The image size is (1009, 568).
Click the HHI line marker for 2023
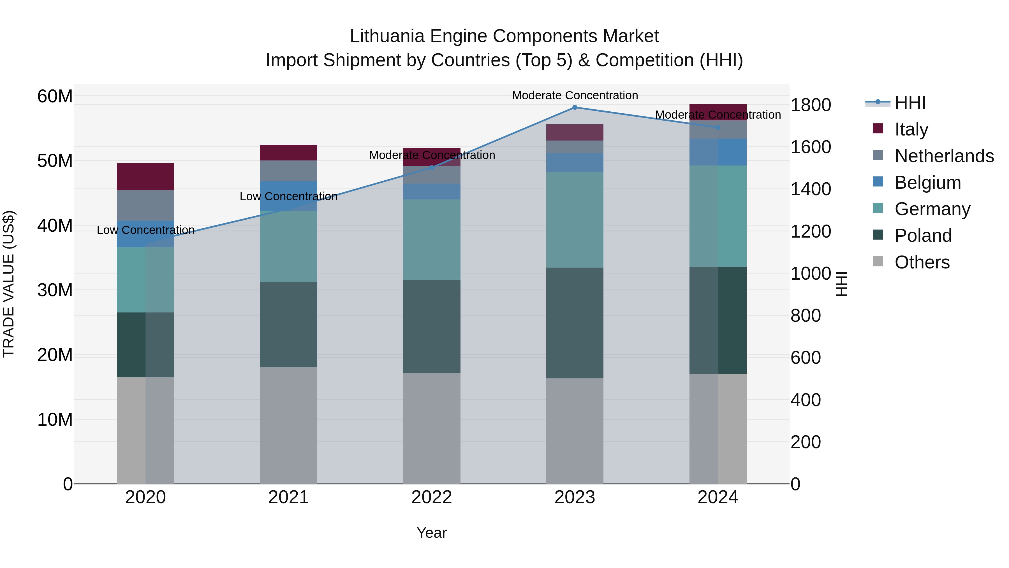tap(575, 107)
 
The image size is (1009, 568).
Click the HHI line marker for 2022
tap(432, 168)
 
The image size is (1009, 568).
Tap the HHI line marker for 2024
tap(718, 127)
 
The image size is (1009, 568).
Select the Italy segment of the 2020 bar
tap(145, 177)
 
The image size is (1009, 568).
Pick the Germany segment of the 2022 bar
tap(432, 240)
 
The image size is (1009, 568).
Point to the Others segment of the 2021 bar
tap(288, 425)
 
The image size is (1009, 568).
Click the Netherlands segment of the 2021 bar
tap(288, 171)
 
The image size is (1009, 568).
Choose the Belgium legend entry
tap(927, 183)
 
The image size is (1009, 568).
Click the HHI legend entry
tap(910, 103)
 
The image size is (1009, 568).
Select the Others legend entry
tap(922, 262)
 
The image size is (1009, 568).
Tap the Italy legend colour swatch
tap(878, 128)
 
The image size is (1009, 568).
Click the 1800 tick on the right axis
tap(810, 105)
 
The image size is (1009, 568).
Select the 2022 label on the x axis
tap(432, 497)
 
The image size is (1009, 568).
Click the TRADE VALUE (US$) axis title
tap(9, 284)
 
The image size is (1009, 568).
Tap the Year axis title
tap(431, 533)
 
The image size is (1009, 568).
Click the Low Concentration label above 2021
tap(288, 196)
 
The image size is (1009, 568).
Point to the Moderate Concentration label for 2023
tap(575, 95)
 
